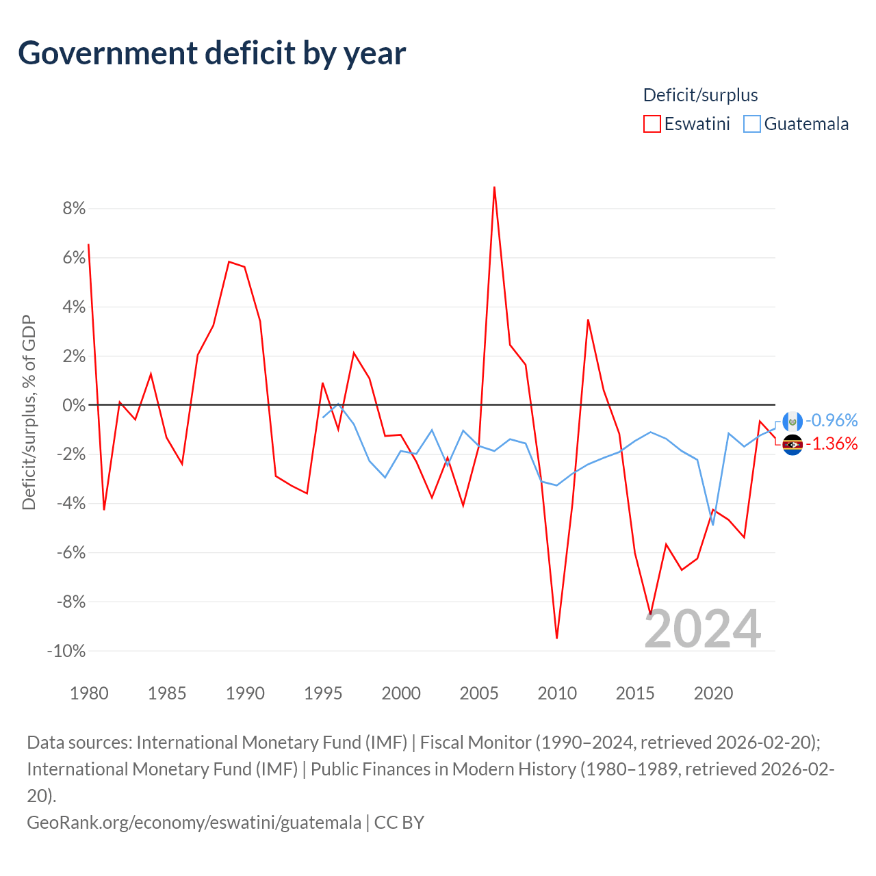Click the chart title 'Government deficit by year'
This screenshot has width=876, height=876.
point(212,53)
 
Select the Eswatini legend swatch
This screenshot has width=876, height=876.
point(652,124)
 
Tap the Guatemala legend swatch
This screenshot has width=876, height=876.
point(752,124)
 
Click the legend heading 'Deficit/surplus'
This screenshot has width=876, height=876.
point(700,95)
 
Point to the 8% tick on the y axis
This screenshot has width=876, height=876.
point(74,209)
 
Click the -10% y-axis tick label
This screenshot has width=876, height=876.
point(66,651)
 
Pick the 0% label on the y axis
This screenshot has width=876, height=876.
point(74,405)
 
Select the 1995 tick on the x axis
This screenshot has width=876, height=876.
point(323,693)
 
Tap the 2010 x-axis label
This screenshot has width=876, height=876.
point(557,693)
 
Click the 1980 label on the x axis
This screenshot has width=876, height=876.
point(89,693)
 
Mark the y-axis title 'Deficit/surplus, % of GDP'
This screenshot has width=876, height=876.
point(29,412)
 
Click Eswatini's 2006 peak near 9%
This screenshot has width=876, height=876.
point(494,187)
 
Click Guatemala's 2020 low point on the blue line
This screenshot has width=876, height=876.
point(713,525)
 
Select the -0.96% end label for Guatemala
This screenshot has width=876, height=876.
point(832,420)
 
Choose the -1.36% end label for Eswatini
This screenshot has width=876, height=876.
point(832,444)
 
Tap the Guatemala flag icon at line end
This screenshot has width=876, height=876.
point(793,422)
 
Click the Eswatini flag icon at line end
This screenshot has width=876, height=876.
point(793,445)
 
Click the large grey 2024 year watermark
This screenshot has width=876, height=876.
point(703,629)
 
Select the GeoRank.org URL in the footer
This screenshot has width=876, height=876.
point(194,822)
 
